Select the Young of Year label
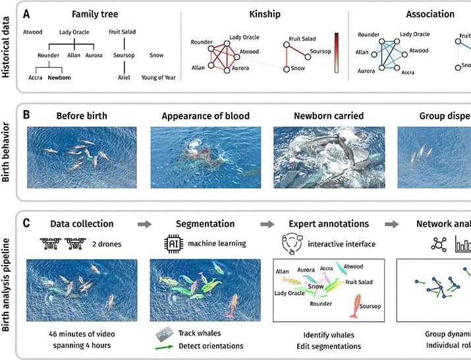[x=158, y=78]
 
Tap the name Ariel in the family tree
[x=124, y=78]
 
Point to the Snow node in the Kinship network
[x=287, y=69]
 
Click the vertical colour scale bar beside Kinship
[x=336, y=51]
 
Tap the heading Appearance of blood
[x=206, y=116]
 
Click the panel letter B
[x=26, y=114]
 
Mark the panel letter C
[x=26, y=224]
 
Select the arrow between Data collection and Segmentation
[x=144, y=224]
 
